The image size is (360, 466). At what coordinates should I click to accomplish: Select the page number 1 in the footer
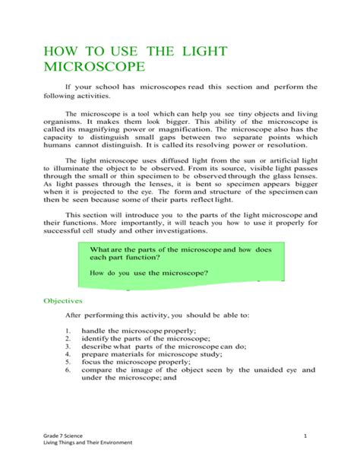pos(304,434)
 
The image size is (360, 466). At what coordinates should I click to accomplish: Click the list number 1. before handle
pos(68,331)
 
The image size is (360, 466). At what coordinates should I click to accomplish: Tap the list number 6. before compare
pos(68,370)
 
